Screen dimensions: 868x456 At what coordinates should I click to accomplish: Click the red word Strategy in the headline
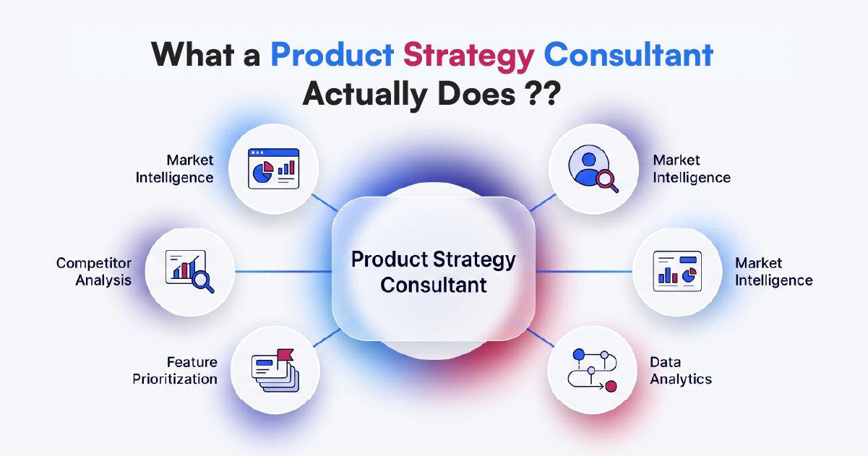tap(468, 56)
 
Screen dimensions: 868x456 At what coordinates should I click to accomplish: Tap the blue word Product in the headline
tap(332, 55)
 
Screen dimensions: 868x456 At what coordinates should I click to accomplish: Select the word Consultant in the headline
tap(629, 54)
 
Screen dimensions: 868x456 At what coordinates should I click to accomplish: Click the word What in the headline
tap(192, 54)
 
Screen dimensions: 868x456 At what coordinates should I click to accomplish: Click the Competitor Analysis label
tap(94, 272)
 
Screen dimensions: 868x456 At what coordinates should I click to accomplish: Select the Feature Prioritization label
tap(175, 371)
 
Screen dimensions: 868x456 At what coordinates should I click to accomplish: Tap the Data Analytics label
tap(681, 371)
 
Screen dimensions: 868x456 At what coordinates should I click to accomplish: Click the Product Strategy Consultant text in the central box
tap(433, 272)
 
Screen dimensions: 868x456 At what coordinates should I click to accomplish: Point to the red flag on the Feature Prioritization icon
tap(285, 355)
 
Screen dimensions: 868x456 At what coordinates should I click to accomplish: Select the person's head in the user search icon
tap(589, 159)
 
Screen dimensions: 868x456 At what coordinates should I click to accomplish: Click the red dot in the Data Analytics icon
tap(611, 387)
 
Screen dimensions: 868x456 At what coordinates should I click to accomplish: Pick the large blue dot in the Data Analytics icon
tap(578, 355)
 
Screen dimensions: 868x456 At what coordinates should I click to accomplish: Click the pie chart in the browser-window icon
tap(263, 172)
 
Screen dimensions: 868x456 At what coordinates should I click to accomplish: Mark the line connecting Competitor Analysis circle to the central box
tap(283, 272)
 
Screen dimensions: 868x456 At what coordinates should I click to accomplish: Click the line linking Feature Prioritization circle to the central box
tap(327, 337)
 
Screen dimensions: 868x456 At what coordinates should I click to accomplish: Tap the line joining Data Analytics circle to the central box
tap(540, 337)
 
